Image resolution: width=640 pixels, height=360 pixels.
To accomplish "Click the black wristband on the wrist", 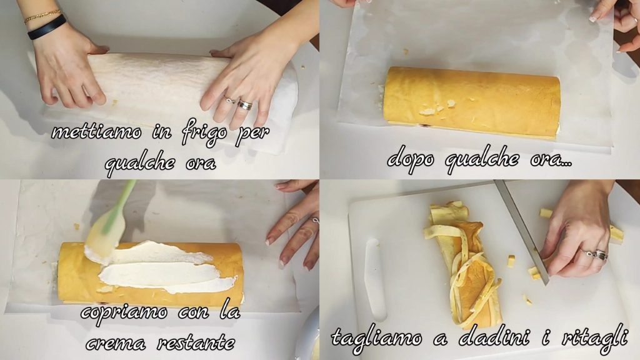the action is (x=46, y=27).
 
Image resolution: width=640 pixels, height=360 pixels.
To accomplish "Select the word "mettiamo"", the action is (x=97, y=132).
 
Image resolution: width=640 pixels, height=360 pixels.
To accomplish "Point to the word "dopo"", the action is (x=411, y=159).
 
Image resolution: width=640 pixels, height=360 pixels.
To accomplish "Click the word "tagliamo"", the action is (x=376, y=338).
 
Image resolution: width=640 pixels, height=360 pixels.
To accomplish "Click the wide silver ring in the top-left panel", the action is (x=245, y=104).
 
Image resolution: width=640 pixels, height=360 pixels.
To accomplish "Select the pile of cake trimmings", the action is (x=462, y=264).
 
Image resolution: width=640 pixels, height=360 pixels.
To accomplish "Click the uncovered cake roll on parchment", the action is (x=472, y=102).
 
